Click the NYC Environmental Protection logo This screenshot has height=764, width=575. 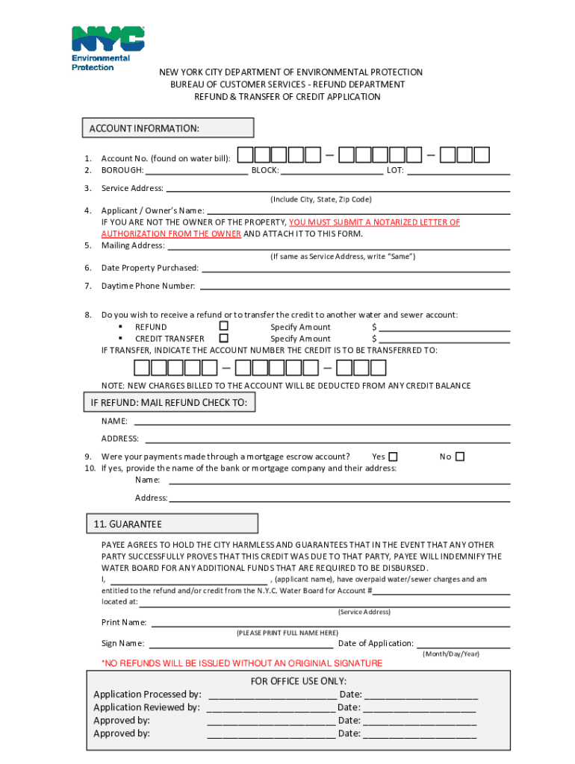pos(107,48)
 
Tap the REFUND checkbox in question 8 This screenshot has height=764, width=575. pos(223,326)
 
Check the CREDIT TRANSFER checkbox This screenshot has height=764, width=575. pos(223,338)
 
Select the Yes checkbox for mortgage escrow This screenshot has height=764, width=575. pos(393,457)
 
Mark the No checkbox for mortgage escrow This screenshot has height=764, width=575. pos(460,457)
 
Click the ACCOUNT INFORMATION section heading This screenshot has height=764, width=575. pos(144,128)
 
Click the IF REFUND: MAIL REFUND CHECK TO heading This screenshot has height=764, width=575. pos(168,404)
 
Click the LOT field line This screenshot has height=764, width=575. pos(459,172)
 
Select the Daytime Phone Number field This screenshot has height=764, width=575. pos(355,286)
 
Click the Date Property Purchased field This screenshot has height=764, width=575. pos(355,269)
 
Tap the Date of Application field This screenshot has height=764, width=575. pos(463,644)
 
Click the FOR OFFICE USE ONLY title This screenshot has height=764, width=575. pos(299,681)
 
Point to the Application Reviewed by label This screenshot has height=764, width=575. pos(146,707)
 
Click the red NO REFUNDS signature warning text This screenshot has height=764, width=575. pos(242,663)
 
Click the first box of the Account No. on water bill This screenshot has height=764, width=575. pos(246,155)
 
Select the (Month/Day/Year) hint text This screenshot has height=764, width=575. pos(451,654)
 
